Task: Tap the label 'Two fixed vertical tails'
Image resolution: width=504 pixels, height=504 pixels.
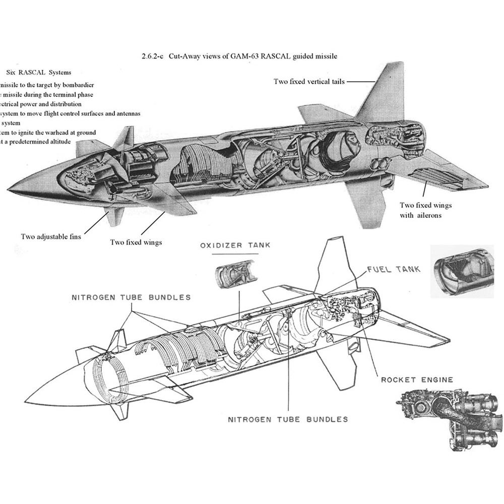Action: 309,81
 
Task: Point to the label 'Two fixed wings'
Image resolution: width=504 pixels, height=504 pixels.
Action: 136,242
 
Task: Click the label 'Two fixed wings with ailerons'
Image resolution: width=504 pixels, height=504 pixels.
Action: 426,210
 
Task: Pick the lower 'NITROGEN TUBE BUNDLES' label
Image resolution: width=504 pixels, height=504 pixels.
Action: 288,419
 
